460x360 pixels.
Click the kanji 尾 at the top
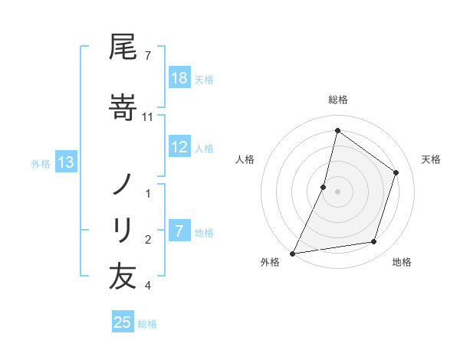tap(123, 48)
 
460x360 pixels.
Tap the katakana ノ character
tap(123, 183)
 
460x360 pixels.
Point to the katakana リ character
tap(123, 228)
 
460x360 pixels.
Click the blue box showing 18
tap(179, 78)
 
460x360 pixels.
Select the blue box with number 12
tap(179, 148)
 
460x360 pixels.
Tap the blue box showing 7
tap(179, 232)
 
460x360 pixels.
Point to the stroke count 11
tap(149, 116)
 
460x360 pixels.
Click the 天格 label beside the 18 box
tap(204, 79)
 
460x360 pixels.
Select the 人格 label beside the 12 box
tap(204, 149)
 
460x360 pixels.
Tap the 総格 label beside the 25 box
tap(148, 323)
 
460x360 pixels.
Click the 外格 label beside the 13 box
tap(41, 162)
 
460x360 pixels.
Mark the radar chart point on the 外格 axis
tap(292, 253)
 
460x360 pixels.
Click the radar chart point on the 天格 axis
tap(396, 172)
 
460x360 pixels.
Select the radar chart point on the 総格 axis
tap(337, 131)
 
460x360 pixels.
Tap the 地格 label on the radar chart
tap(401, 263)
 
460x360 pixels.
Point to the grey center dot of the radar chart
tap(337, 191)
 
